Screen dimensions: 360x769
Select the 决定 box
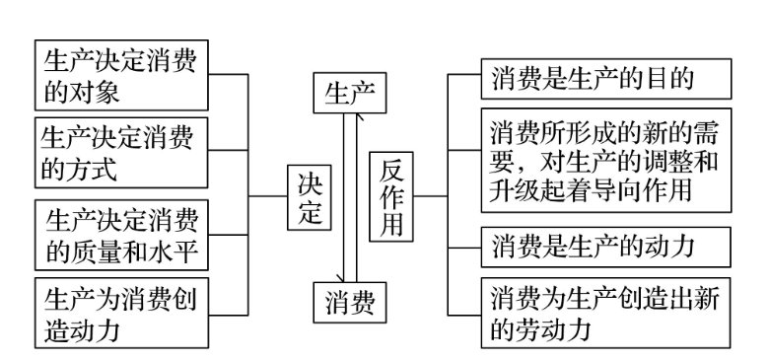pos(312,197)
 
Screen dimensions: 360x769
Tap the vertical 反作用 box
pos(391,197)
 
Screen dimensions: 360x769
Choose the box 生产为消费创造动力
pos(120,313)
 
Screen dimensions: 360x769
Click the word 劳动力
pos(550,329)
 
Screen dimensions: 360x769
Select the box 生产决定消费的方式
pos(120,153)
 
